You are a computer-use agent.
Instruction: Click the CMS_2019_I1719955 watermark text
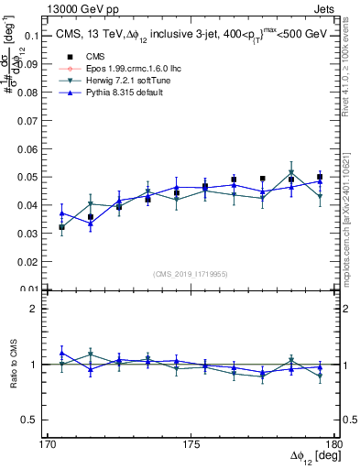191,273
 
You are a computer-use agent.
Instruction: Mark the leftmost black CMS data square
61,226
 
